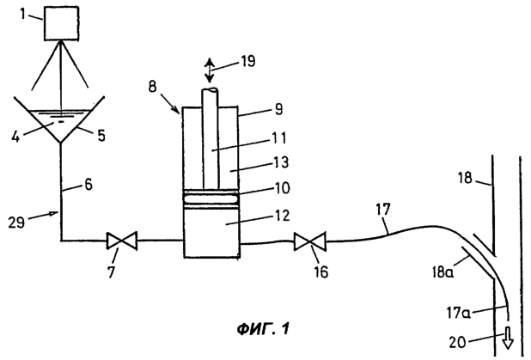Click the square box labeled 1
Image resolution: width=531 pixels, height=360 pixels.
62,23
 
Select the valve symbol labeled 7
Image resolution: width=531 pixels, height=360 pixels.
122,241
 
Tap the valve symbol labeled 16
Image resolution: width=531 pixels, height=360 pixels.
310,241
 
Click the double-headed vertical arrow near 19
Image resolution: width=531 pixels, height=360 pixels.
210,70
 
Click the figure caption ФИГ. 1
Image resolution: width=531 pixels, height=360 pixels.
263,328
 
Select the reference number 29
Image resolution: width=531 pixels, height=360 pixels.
16,223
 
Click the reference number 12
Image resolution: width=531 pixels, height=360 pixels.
281,216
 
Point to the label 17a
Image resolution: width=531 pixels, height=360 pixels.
458,313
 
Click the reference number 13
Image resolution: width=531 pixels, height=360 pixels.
281,162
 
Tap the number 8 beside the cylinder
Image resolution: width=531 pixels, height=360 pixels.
153,87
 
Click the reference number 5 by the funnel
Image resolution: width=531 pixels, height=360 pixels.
101,135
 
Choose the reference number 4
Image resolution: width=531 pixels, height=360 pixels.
15,137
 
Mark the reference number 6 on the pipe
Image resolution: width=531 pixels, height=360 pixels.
88,185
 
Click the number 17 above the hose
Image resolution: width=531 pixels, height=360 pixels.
382,209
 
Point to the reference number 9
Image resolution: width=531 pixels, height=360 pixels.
278,109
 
